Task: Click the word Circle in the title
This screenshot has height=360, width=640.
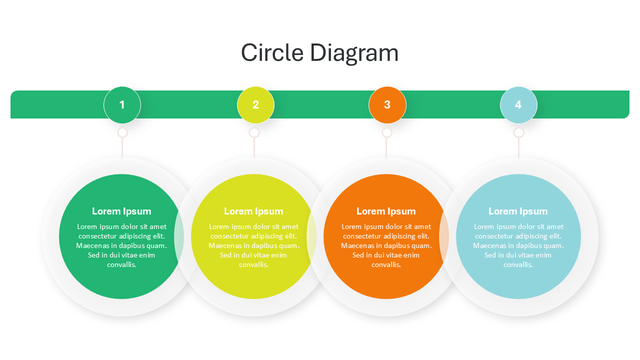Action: click(x=272, y=53)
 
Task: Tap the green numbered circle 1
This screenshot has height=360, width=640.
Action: click(x=122, y=105)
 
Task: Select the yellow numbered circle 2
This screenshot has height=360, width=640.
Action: click(x=255, y=105)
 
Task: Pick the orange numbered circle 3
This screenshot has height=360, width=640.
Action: click(x=387, y=105)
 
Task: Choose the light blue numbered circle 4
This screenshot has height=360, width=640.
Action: click(x=518, y=105)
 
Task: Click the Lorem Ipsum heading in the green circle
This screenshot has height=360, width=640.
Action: click(x=121, y=211)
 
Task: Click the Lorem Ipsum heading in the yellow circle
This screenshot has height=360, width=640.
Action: click(x=253, y=211)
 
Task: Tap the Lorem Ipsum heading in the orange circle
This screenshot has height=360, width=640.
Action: click(x=386, y=211)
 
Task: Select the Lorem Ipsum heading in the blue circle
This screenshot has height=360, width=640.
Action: click(x=518, y=211)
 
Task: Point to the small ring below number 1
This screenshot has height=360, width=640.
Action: click(x=122, y=132)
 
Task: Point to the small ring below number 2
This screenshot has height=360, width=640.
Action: click(x=254, y=132)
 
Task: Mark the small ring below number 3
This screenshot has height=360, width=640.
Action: click(x=386, y=132)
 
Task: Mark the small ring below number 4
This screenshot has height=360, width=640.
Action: click(x=518, y=132)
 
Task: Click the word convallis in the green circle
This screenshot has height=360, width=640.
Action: click(x=121, y=264)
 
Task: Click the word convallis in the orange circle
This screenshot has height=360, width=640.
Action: click(x=386, y=264)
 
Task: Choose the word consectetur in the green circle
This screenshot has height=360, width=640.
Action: click(x=98, y=236)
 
